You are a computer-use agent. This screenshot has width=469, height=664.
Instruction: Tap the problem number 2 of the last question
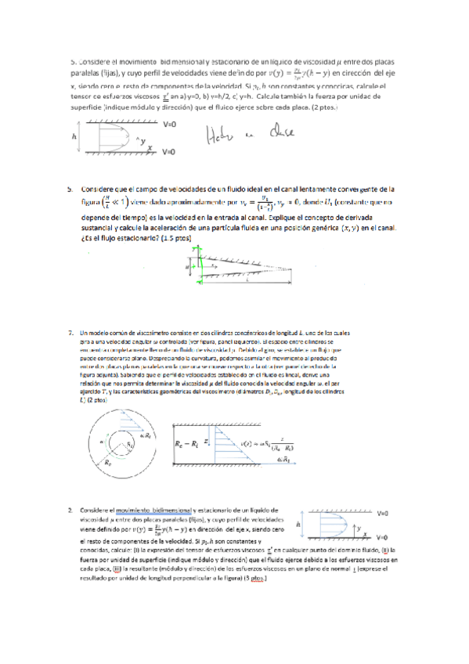[x=71, y=510]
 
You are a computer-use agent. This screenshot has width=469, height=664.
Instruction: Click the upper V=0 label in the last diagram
[x=383, y=512]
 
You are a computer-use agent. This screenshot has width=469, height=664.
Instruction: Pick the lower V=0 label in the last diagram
[x=383, y=538]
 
